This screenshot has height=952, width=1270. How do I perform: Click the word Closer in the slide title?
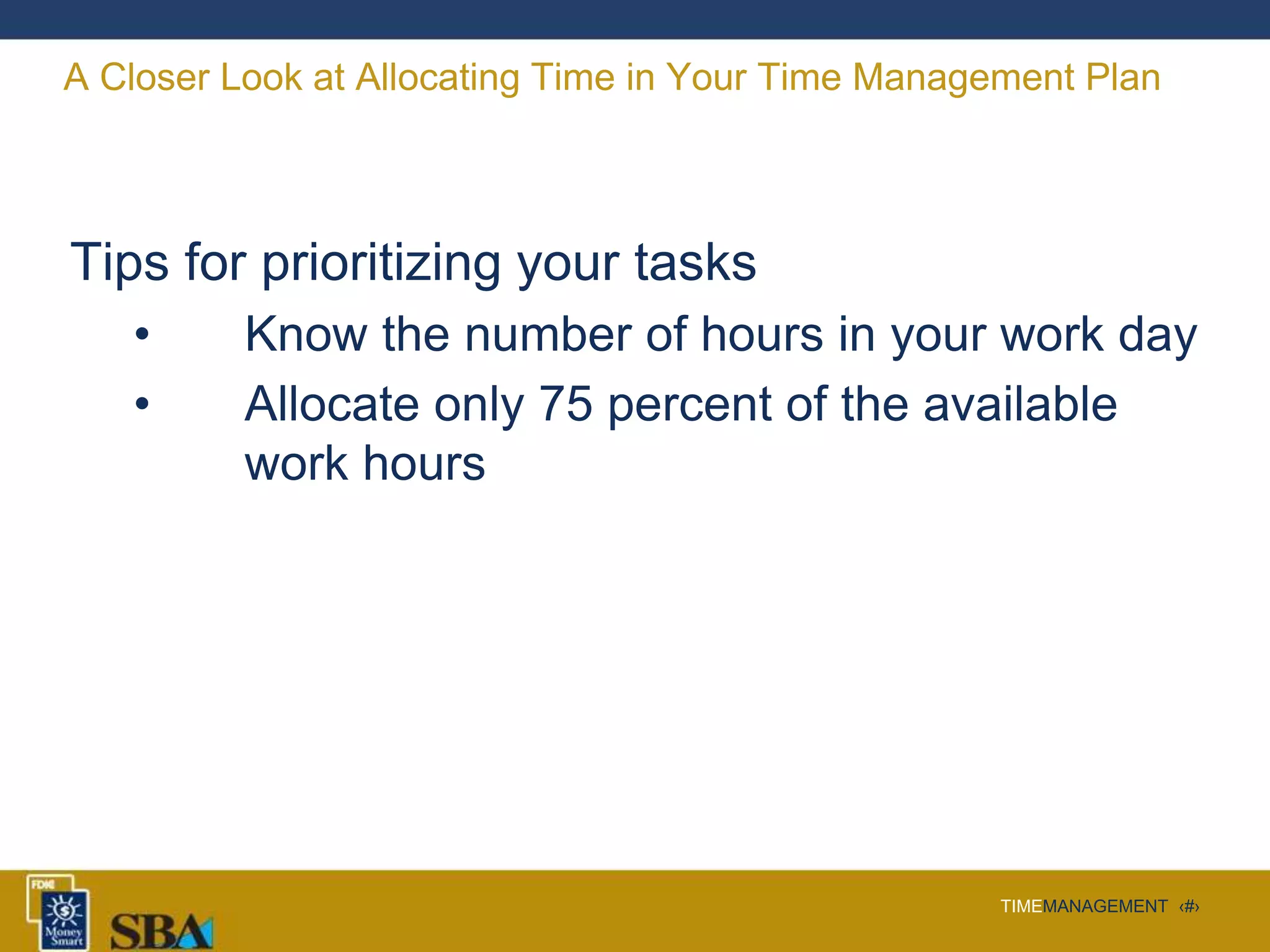tap(154, 77)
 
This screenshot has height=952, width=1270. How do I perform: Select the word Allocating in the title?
tap(437, 77)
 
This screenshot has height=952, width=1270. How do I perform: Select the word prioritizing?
tap(381, 263)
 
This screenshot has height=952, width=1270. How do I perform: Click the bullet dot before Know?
tap(142, 335)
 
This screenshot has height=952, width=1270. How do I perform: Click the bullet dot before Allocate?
tap(142, 404)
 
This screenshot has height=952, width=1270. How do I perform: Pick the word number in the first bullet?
tap(548, 335)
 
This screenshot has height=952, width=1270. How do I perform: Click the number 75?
tap(566, 404)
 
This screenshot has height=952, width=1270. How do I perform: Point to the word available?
tap(1020, 404)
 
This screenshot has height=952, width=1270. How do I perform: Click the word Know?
tap(306, 335)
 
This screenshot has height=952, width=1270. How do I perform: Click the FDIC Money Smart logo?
tap(59, 912)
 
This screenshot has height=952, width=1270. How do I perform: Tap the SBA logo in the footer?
tap(162, 931)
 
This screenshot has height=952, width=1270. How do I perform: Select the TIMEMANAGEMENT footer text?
tap(1083, 906)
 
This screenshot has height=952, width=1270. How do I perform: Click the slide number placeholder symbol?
tap(1189, 907)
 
